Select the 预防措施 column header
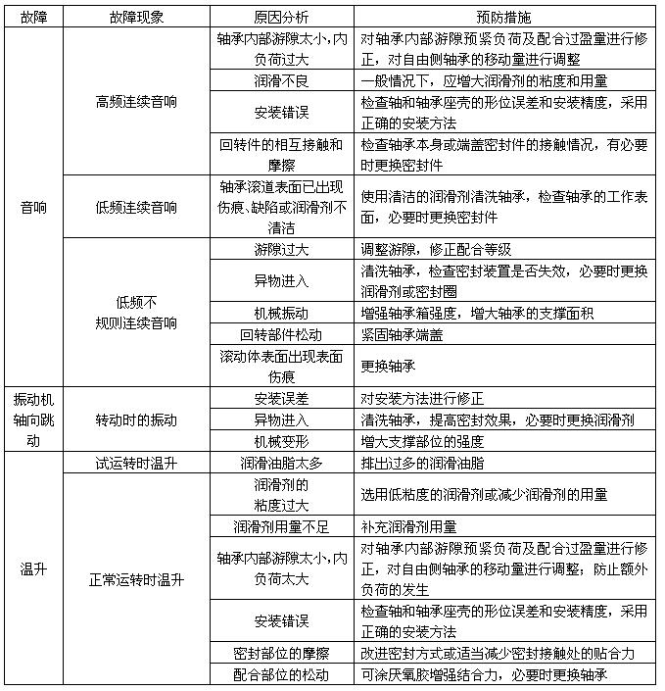tap(505, 18)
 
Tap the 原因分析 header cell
tap(281, 18)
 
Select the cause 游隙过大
tap(281, 249)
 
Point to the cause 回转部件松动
tap(281, 334)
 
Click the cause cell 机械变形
tap(281, 441)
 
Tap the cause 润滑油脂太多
tap(281, 463)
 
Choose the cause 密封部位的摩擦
tap(281, 653)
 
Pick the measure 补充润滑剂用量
tap(411, 526)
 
